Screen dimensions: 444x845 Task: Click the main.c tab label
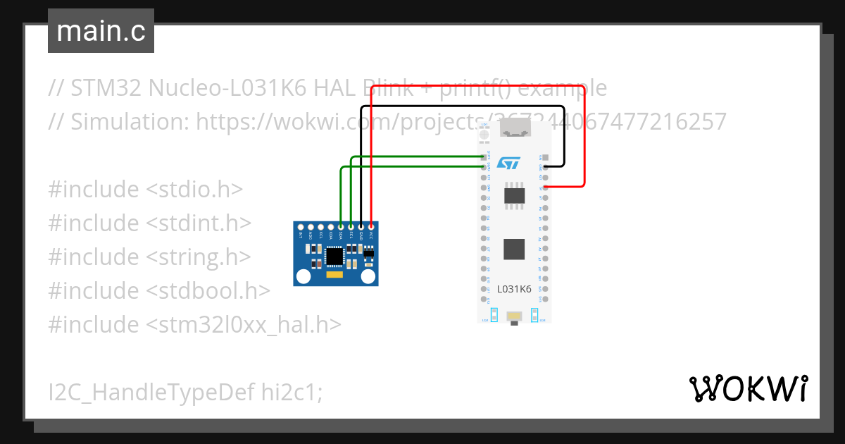101,32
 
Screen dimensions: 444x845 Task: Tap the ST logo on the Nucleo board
508,163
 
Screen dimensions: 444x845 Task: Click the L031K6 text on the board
514,288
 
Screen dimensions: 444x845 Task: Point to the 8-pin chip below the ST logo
514,195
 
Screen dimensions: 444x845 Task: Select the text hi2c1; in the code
292,392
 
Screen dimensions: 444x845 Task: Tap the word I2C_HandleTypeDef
151,392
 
